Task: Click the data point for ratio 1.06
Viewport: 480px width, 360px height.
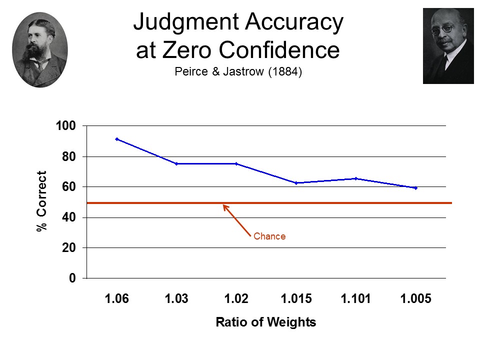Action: (x=116, y=139)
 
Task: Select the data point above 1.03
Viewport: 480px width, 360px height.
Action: (x=176, y=163)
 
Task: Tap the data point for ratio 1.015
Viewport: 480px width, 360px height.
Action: (x=296, y=183)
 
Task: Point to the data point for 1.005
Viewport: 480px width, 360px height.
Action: (x=415, y=188)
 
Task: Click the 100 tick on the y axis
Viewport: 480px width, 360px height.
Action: (x=65, y=126)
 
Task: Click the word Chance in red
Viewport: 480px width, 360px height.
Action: (x=269, y=236)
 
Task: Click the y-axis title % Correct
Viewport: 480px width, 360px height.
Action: (x=42, y=201)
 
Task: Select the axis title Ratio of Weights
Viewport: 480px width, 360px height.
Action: (x=265, y=322)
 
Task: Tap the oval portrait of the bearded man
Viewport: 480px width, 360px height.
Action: (x=40, y=49)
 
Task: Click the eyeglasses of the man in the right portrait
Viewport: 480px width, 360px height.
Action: (x=443, y=29)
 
